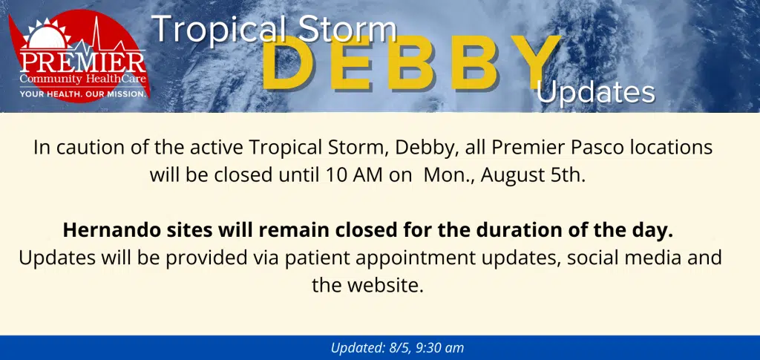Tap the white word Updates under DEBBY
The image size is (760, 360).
click(x=596, y=93)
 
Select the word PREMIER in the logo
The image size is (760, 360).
click(x=82, y=62)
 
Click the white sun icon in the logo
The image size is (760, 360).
click(x=47, y=34)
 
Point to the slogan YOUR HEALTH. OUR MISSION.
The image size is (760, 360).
click(x=82, y=94)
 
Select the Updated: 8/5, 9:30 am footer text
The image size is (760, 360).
click(x=398, y=348)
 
